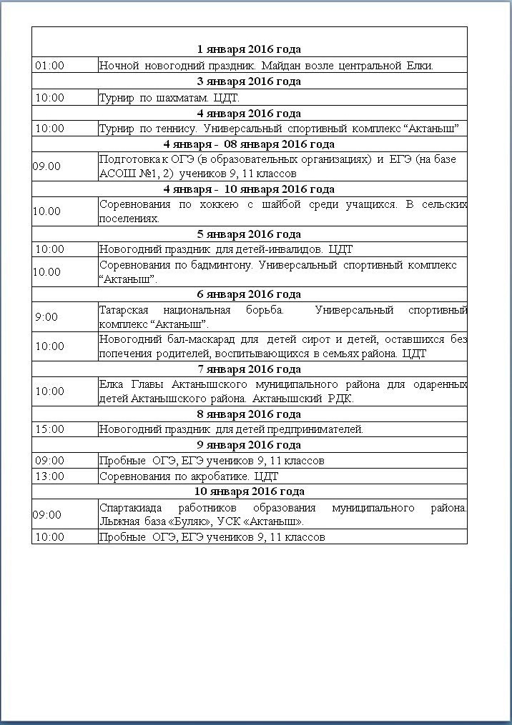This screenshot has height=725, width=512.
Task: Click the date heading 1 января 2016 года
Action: click(249, 49)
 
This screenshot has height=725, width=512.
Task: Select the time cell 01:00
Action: click(49, 66)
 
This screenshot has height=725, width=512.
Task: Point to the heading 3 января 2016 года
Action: click(249, 81)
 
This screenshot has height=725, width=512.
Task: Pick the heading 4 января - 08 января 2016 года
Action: click(249, 144)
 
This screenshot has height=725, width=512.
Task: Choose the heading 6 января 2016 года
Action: click(249, 294)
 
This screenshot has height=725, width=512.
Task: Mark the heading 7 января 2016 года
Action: click(249, 369)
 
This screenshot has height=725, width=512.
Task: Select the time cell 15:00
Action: click(49, 429)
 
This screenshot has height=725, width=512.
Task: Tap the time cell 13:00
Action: click(49, 476)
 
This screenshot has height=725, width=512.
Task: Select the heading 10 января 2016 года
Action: click(249, 491)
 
